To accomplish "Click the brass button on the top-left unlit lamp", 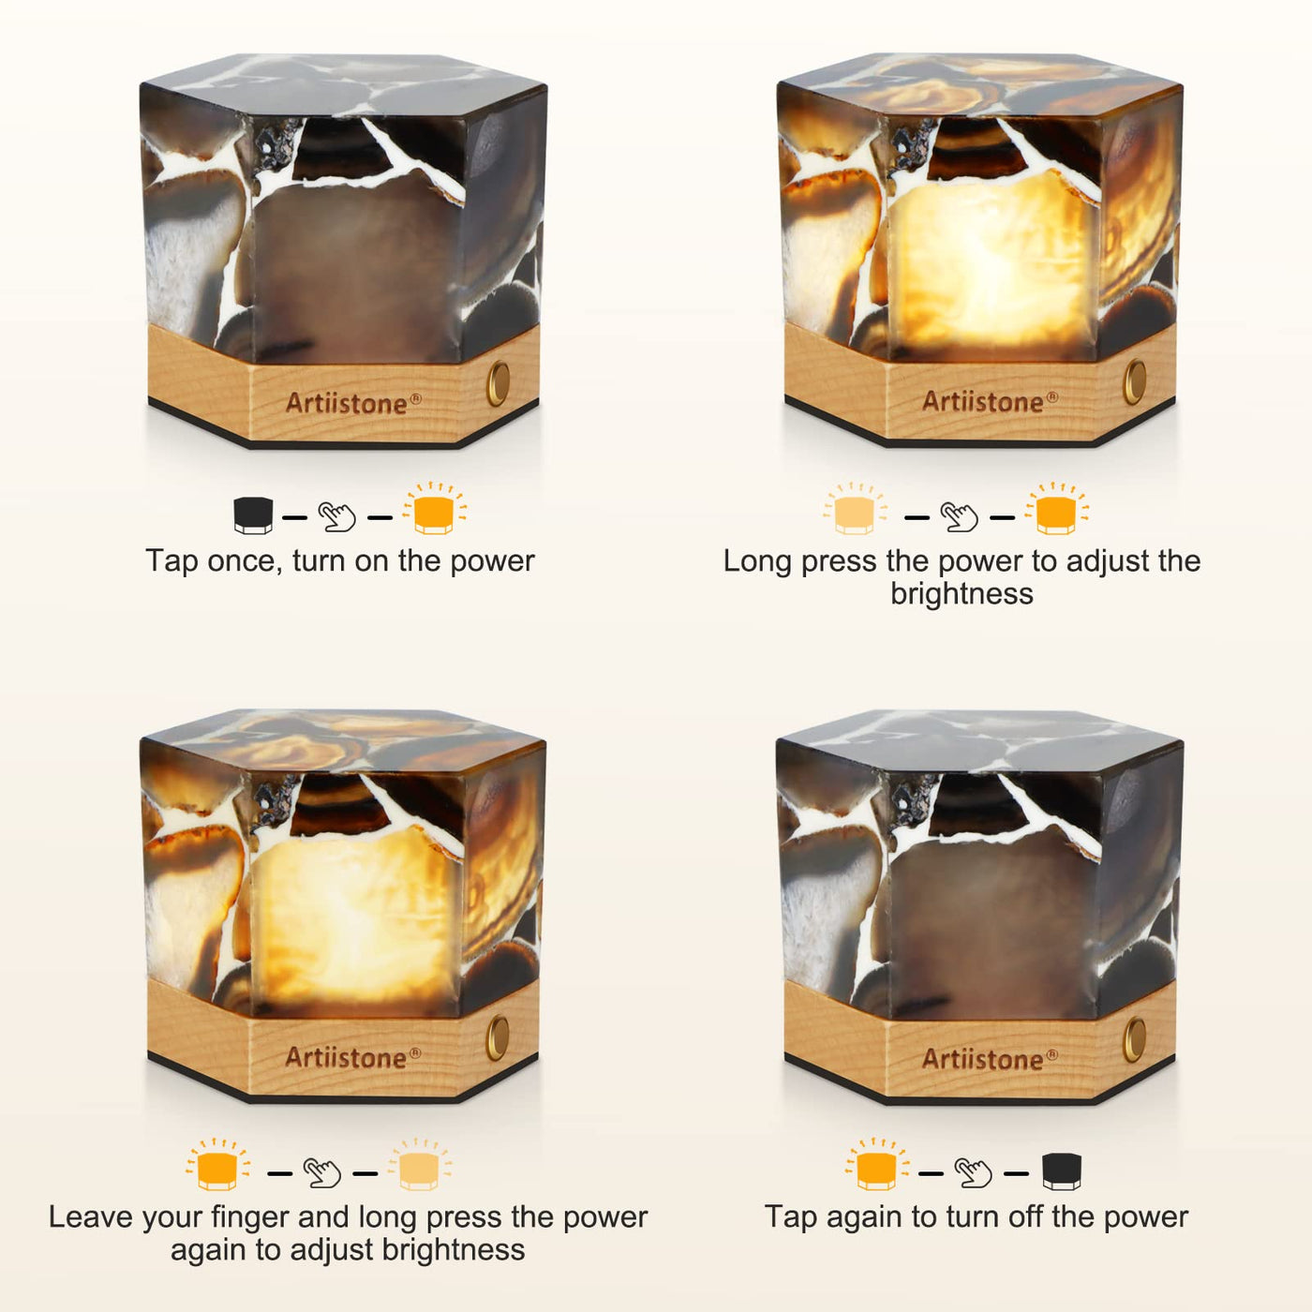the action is click(499, 384).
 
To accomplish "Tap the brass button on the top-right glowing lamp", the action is click(1135, 382).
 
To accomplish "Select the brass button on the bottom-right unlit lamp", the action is click(1134, 1039).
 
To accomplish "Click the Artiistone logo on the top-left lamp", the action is click(353, 404).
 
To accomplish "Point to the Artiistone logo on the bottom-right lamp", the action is click(990, 1059).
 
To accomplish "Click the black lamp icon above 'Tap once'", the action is click(253, 515).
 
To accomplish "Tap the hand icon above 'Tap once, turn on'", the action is click(337, 517).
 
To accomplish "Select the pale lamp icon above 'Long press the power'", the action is click(855, 512).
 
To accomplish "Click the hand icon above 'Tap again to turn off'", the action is click(974, 1173).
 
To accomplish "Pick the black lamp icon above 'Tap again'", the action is click(1062, 1171).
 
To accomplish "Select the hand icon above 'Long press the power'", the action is click(960, 517).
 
